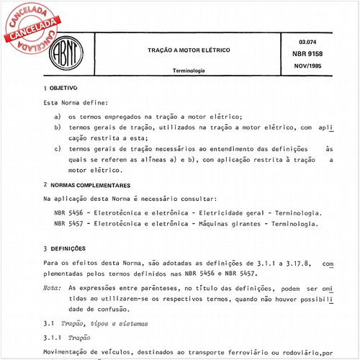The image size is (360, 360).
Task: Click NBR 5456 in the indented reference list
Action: [68, 213]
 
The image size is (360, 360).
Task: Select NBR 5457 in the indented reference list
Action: [68, 224]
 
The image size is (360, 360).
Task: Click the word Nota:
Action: [52, 287]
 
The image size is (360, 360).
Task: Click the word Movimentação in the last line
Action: [68, 352]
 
